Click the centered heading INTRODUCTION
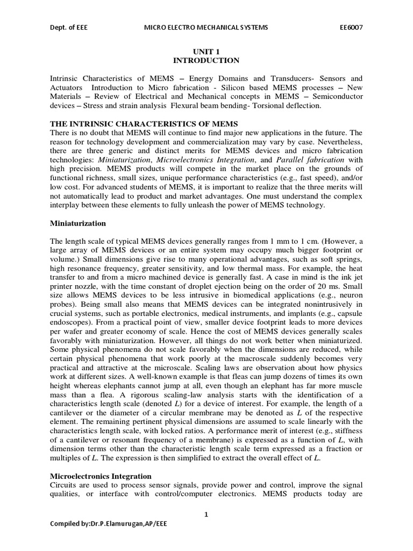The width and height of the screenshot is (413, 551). (206, 60)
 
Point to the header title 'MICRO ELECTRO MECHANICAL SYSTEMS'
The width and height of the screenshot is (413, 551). (206, 27)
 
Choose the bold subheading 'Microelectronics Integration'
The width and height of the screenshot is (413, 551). (101, 476)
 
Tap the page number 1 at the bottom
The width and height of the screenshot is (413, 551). (206, 514)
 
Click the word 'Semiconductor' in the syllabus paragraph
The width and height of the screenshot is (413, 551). (337, 96)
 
